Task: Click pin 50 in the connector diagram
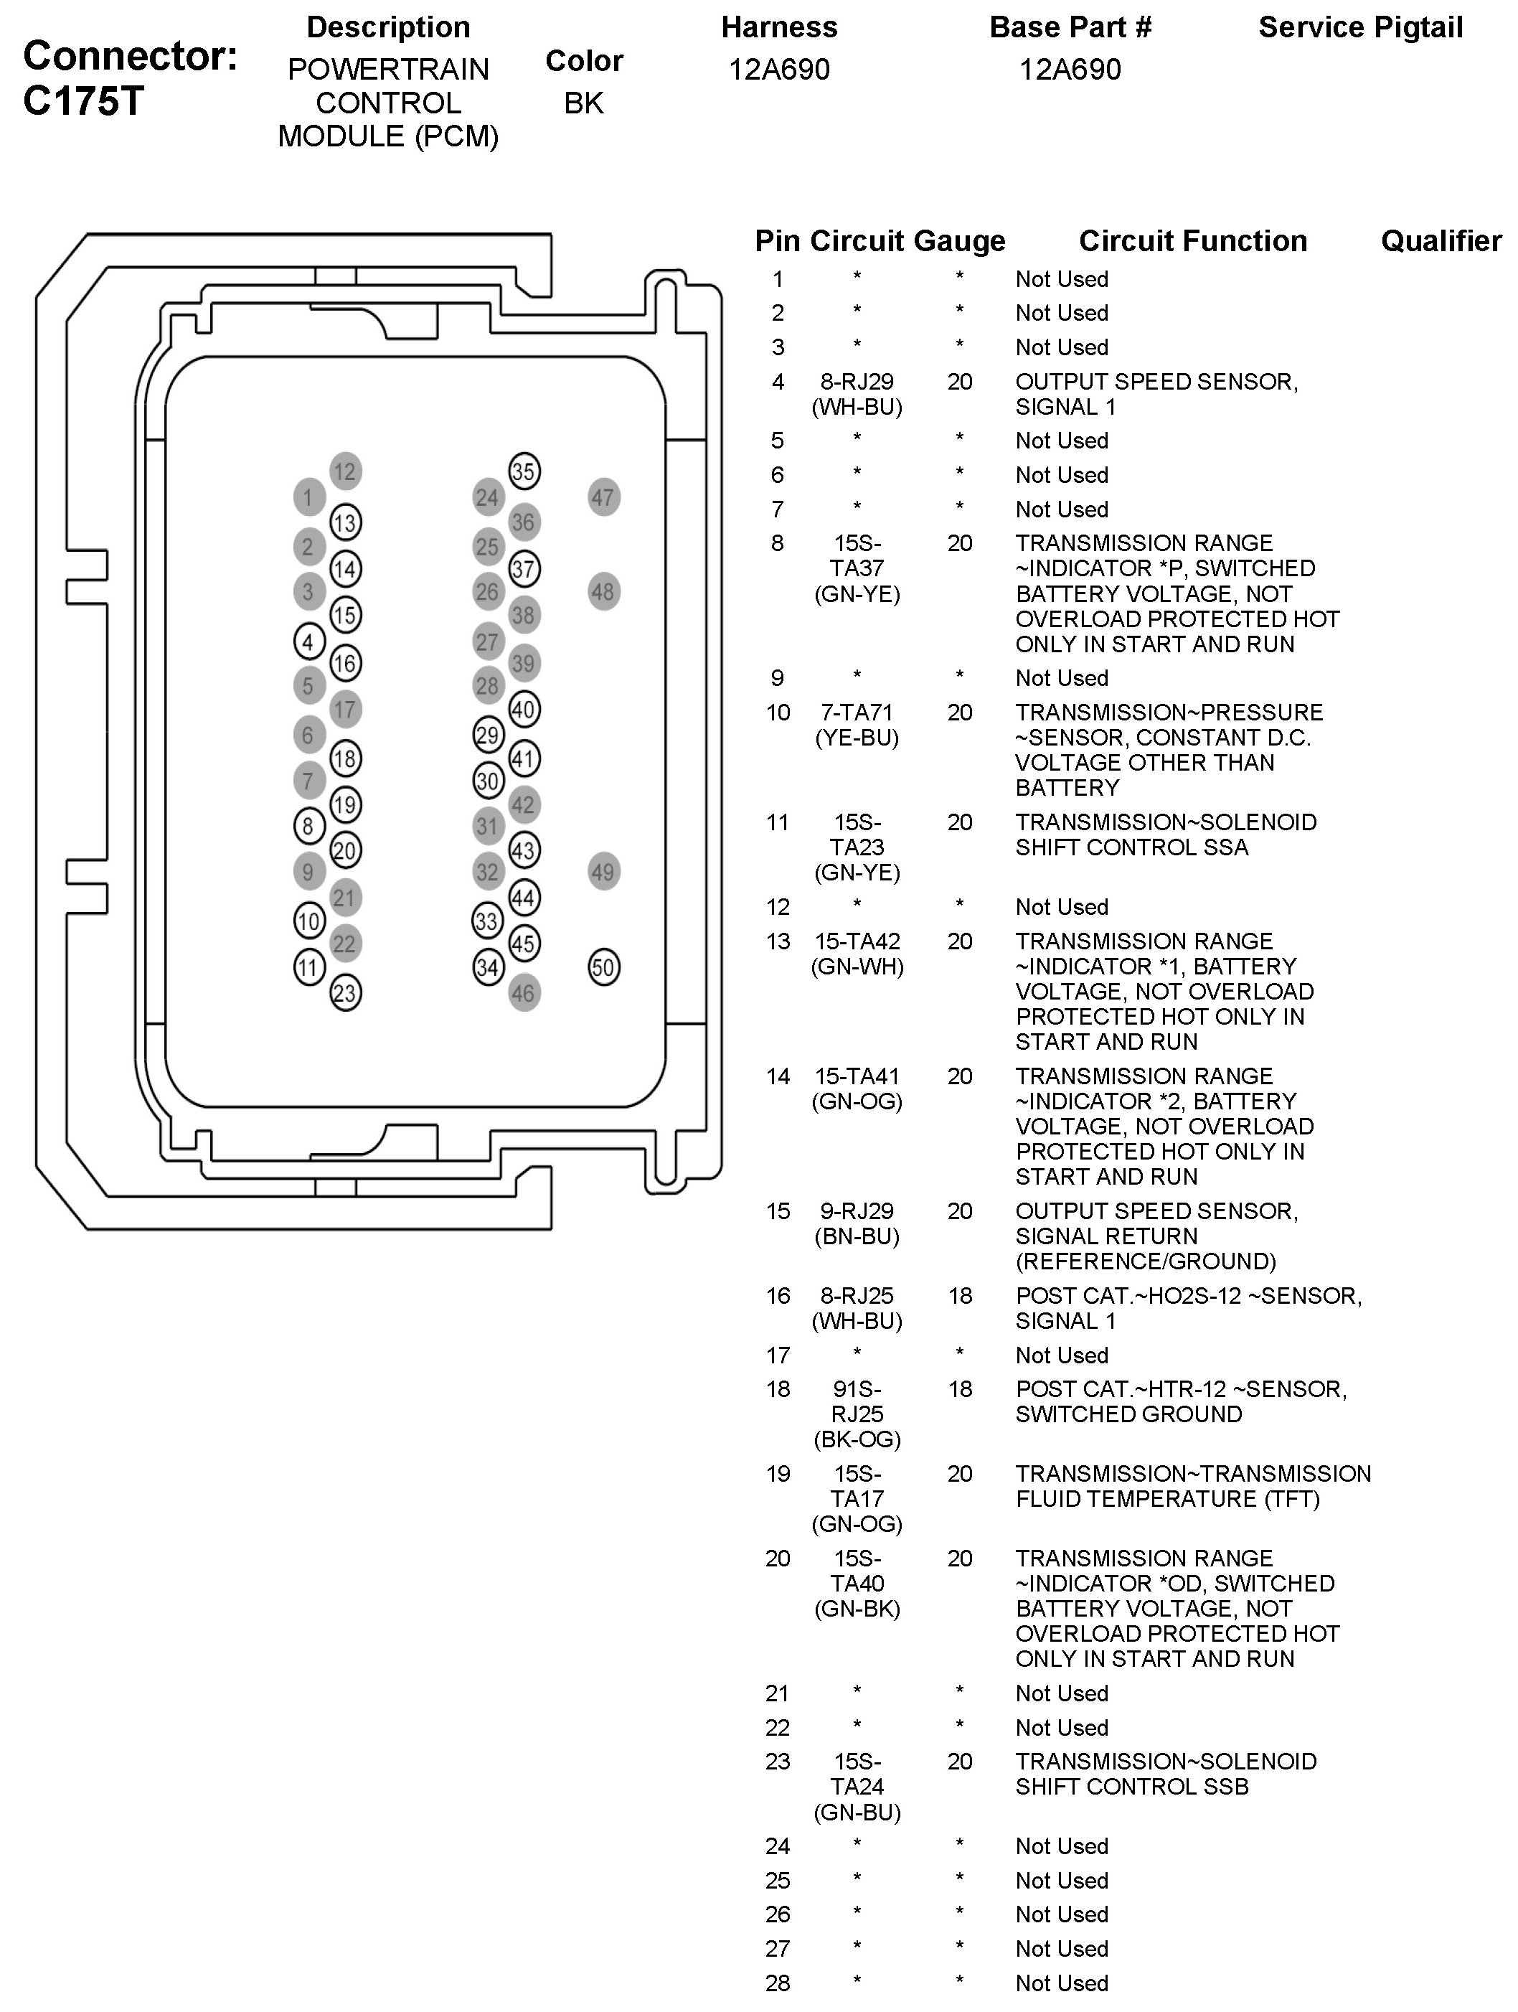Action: click(x=604, y=967)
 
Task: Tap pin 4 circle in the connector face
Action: click(x=308, y=642)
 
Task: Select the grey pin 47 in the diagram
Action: click(x=604, y=497)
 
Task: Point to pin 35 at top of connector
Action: click(x=523, y=471)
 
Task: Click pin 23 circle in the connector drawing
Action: click(x=345, y=992)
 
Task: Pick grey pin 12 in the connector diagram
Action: click(x=345, y=471)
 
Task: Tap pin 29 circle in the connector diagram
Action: click(x=489, y=734)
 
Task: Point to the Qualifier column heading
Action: click(x=1441, y=241)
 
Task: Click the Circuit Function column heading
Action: click(x=1192, y=241)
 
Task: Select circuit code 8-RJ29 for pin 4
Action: click(x=857, y=382)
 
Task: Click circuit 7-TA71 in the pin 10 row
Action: click(x=857, y=713)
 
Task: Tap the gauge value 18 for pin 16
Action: click(x=960, y=1296)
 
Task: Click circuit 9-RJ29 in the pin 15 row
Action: click(x=857, y=1211)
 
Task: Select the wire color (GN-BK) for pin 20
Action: click(x=857, y=1609)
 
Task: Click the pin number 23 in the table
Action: click(x=778, y=1762)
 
